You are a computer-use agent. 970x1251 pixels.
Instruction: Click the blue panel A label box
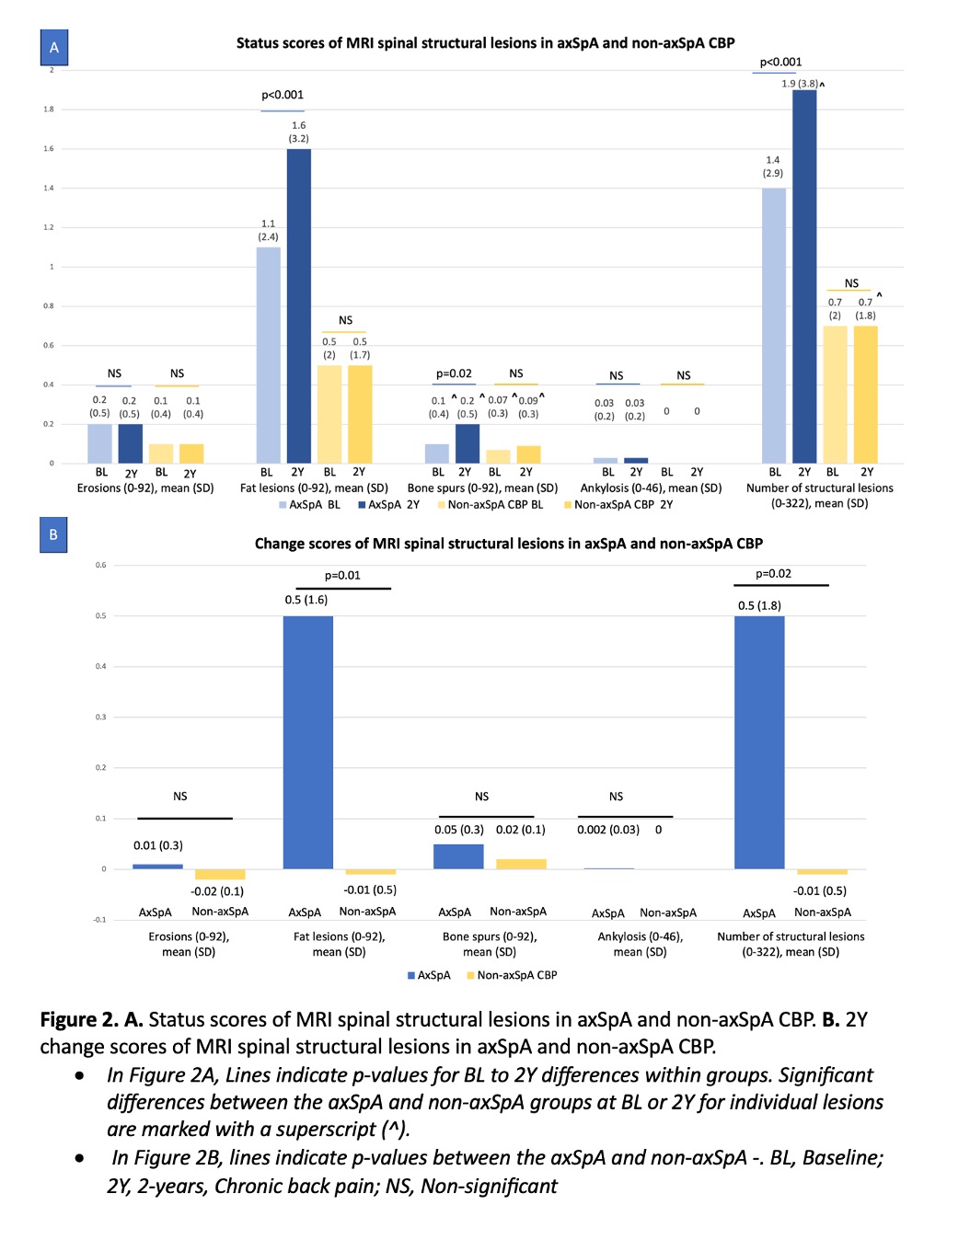(54, 48)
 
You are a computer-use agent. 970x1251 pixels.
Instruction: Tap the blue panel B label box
(53, 534)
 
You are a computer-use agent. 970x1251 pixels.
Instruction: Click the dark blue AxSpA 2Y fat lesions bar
(298, 305)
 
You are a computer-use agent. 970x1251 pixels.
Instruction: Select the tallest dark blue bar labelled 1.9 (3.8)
(804, 276)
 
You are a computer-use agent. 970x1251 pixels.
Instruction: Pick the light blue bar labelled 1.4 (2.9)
(774, 326)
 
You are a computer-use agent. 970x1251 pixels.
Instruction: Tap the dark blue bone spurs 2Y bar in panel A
(468, 443)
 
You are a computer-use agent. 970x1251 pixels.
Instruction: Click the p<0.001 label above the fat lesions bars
(283, 95)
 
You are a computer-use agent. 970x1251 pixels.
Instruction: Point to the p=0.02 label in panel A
(454, 373)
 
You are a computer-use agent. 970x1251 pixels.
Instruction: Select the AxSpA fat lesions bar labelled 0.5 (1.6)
(307, 741)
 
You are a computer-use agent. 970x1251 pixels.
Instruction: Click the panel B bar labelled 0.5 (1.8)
(759, 741)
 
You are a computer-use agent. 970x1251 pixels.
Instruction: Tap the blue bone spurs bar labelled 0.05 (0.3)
(458, 856)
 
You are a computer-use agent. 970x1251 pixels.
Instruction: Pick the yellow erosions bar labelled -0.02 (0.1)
(220, 874)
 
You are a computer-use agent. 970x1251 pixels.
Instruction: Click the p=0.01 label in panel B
(342, 576)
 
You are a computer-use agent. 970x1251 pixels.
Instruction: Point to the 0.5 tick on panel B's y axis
(101, 615)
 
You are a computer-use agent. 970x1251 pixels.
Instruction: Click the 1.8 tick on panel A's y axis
(49, 109)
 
